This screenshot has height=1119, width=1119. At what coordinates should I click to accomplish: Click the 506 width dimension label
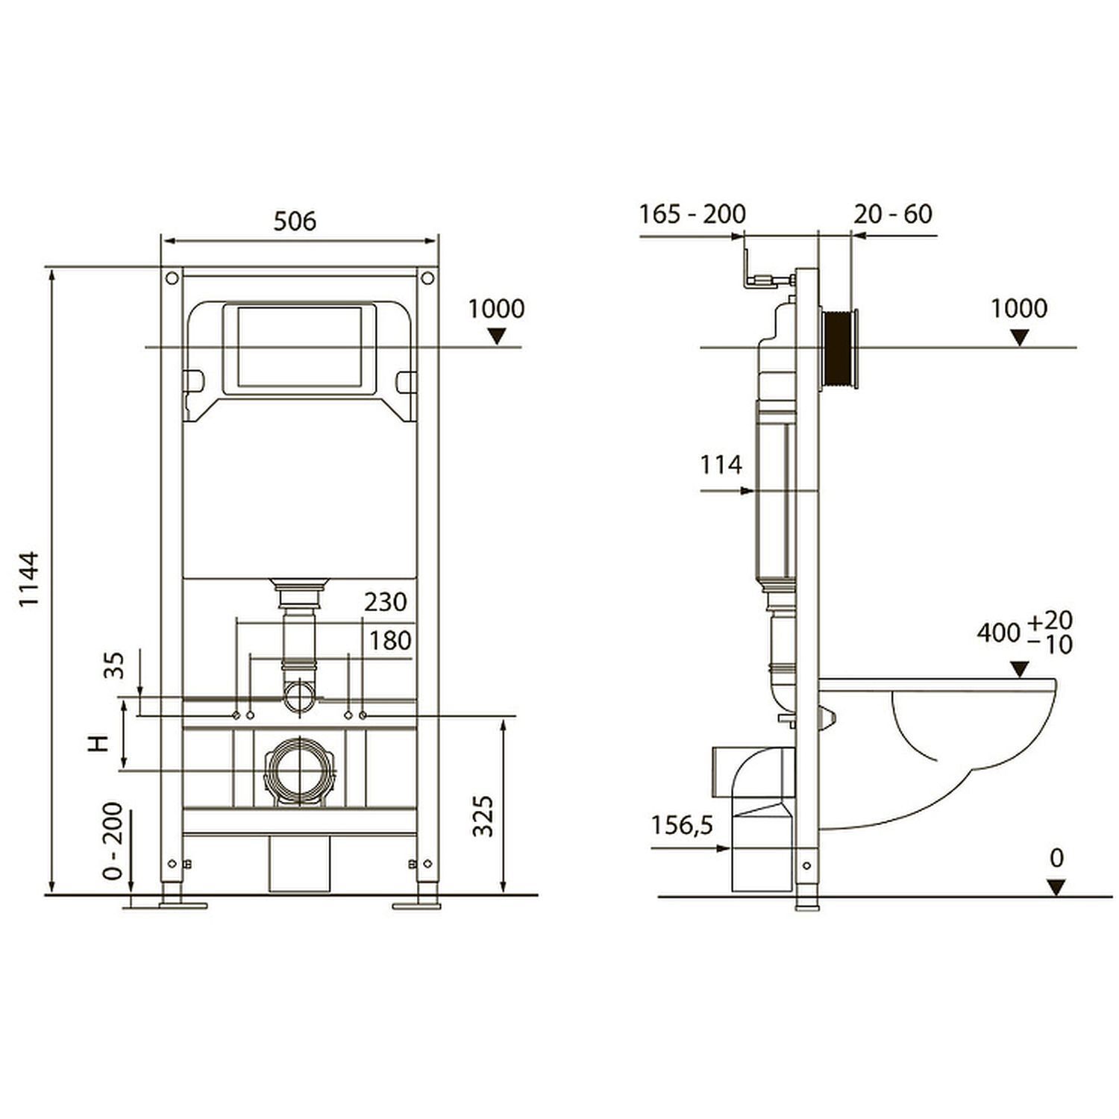[x=295, y=221]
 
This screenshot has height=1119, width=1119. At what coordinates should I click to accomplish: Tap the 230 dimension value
[x=386, y=601]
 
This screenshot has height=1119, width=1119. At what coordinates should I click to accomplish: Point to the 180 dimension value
[x=390, y=640]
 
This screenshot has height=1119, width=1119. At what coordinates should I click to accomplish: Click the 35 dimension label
[x=114, y=665]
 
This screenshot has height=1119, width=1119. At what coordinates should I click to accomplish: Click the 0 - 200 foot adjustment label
[x=113, y=841]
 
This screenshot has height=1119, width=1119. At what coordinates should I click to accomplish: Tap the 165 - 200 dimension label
[x=692, y=214]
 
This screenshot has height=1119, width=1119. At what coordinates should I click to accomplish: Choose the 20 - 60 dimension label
[x=893, y=214]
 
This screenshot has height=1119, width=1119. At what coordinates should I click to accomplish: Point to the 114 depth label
[x=721, y=465]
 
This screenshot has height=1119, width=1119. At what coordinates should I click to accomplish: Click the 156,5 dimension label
[x=682, y=825]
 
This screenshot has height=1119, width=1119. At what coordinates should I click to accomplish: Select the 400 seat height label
[x=999, y=633]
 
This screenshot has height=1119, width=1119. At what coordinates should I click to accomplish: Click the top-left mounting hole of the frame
[x=172, y=278]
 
